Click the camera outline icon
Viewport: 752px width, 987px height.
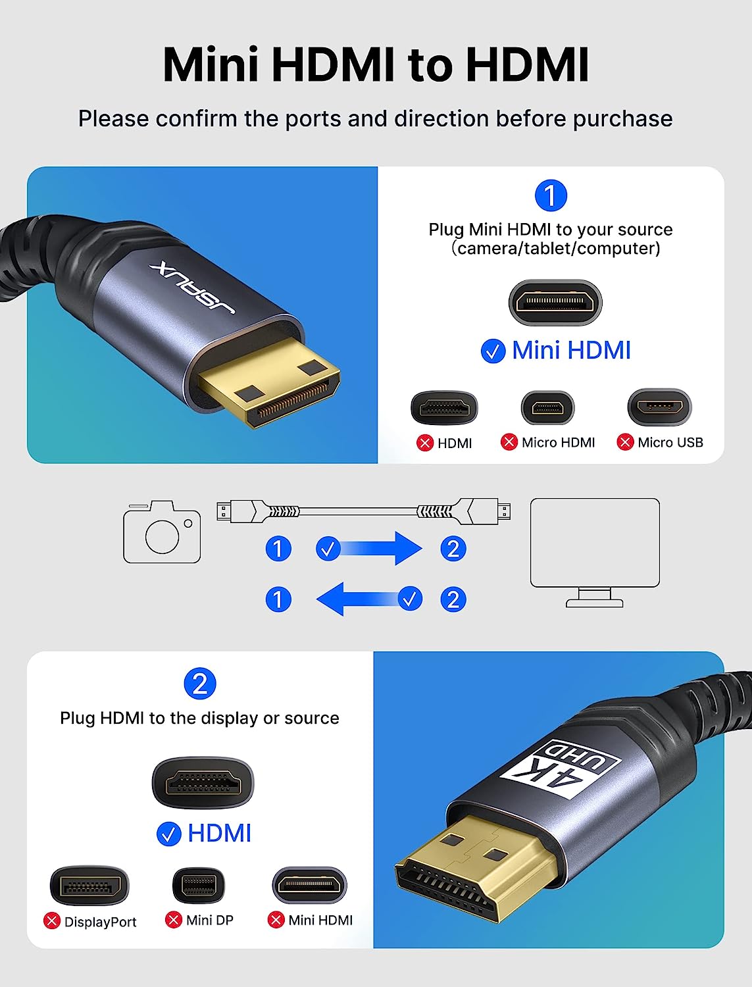tap(162, 532)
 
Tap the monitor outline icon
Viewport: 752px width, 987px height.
tap(595, 552)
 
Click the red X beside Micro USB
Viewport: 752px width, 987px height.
tap(625, 442)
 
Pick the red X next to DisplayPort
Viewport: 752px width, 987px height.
tap(52, 921)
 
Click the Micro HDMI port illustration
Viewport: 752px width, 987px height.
tap(547, 407)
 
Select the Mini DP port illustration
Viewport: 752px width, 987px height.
tap(198, 886)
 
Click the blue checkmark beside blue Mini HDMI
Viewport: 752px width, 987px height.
tap(493, 351)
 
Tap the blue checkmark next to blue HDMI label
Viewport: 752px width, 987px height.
tap(168, 834)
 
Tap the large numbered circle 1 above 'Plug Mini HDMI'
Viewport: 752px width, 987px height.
tap(551, 195)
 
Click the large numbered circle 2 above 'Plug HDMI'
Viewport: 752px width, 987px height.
tap(200, 684)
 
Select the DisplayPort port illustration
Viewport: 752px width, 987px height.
tap(89, 886)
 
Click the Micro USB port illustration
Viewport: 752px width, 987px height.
tap(659, 407)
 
